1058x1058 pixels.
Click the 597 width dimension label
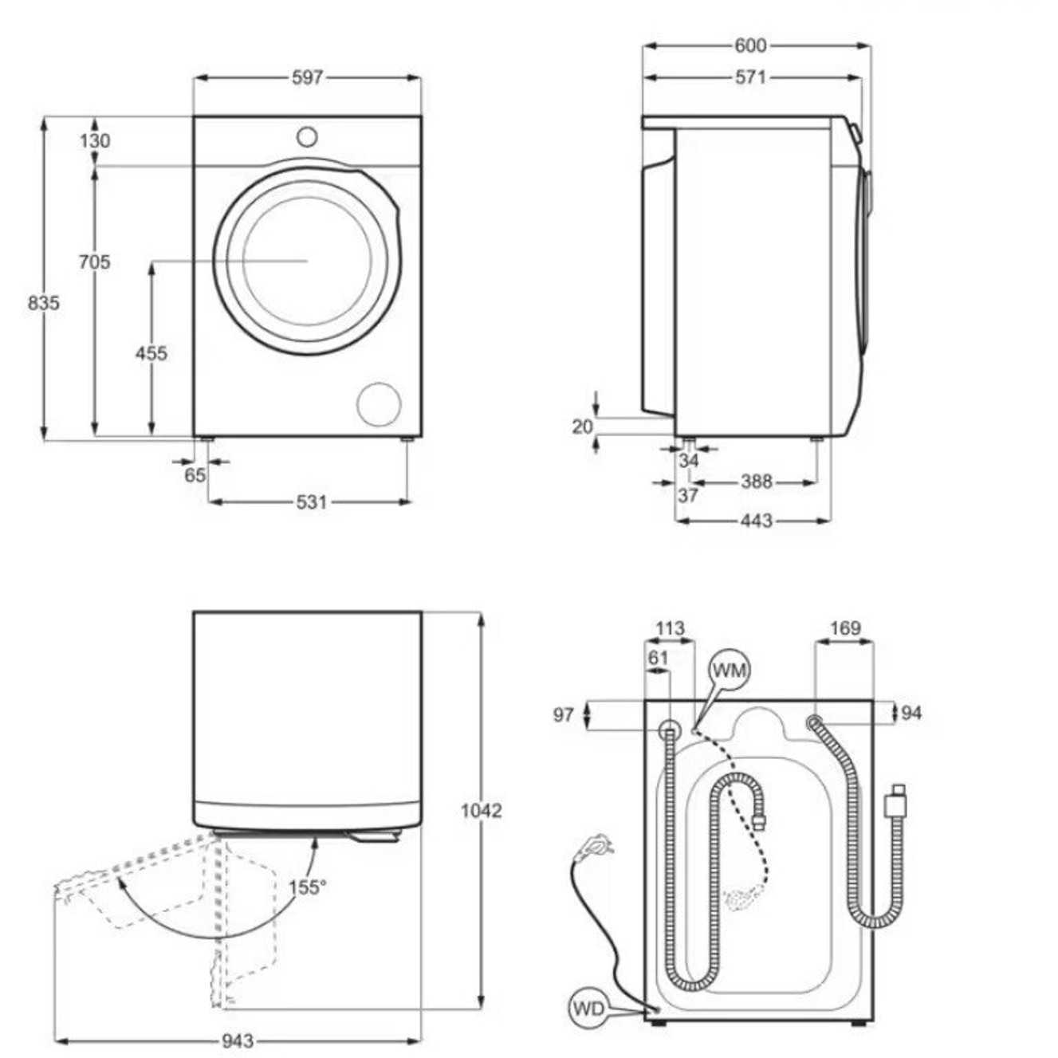click(308, 78)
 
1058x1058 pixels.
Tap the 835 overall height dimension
click(43, 302)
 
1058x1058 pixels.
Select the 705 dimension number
click(94, 262)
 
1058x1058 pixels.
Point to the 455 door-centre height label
click(151, 353)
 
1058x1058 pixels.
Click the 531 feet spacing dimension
click(311, 501)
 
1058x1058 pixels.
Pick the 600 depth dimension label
click(750, 45)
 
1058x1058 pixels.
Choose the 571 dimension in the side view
click(750, 77)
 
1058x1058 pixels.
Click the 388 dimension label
click(757, 482)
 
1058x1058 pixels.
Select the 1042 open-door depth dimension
click(482, 810)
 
